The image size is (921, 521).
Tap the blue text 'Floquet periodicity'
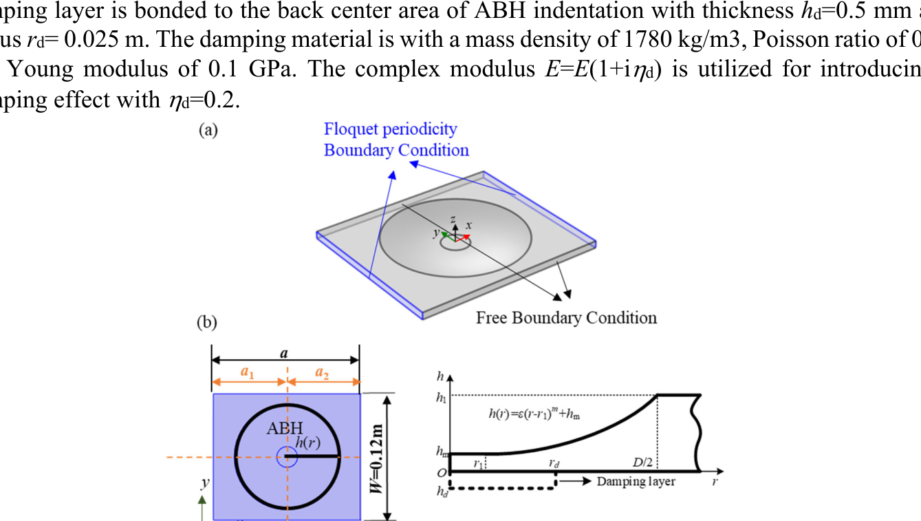[x=390, y=129]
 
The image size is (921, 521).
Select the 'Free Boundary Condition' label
[x=566, y=317]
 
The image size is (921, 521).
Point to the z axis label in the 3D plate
[x=453, y=218]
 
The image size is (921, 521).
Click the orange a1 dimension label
[x=246, y=372]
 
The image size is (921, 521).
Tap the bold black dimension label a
[x=283, y=353]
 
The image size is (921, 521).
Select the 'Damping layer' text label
[x=636, y=481]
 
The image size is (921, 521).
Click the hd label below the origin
[x=441, y=491]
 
